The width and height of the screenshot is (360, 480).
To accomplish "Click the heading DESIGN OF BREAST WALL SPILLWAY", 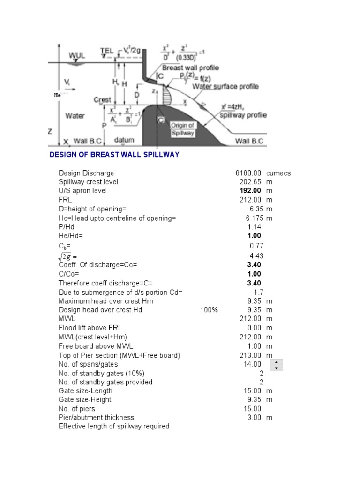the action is (114, 155).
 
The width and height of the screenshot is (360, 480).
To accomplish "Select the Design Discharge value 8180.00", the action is (248, 173).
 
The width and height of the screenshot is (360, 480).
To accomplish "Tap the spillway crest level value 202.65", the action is (251, 182).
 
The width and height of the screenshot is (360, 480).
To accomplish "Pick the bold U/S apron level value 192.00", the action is (251, 191).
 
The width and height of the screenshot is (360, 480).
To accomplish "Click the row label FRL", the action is (65, 200).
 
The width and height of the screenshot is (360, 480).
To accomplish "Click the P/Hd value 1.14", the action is (255, 227).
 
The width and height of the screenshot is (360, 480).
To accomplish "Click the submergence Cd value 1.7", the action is (256, 292).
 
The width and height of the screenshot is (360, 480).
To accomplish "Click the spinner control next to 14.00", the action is (277, 365).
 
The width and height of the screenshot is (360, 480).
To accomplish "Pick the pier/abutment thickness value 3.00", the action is (255, 418).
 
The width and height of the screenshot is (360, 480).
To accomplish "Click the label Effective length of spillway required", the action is (114, 427).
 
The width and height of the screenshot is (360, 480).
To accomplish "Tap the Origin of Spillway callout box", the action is (182, 129).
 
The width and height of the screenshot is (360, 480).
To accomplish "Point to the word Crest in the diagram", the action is (102, 100).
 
